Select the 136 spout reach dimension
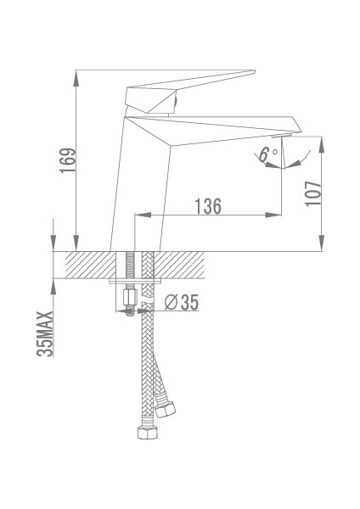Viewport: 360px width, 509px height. (x=208, y=206)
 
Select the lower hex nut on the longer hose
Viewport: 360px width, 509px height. (x=145, y=435)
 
